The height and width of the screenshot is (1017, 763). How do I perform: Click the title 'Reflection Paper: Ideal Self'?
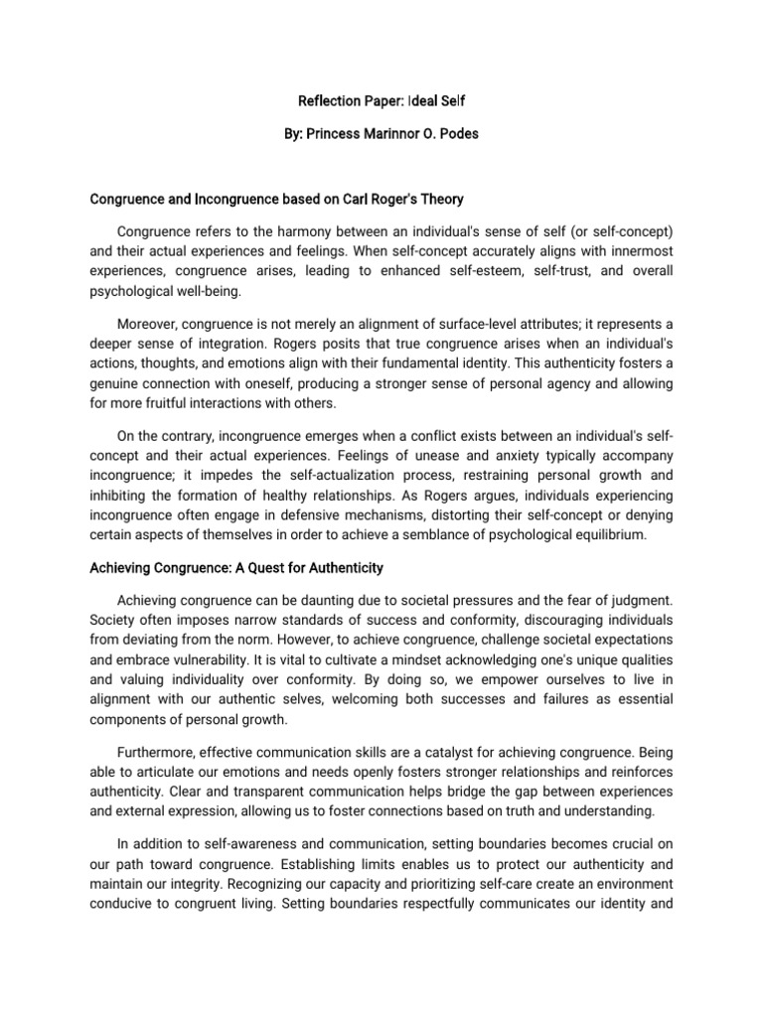tap(381, 101)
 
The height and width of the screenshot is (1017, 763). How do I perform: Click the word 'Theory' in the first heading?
tap(442, 199)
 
